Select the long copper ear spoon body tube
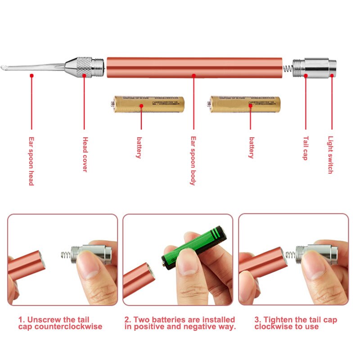pos(194,67)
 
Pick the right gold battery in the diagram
pos(245,104)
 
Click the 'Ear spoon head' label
pos(31,161)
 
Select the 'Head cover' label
pos(85,154)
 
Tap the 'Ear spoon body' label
pos(193,161)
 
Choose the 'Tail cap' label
pos(306,148)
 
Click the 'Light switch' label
pos(331,155)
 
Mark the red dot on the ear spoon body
pos(194,76)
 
